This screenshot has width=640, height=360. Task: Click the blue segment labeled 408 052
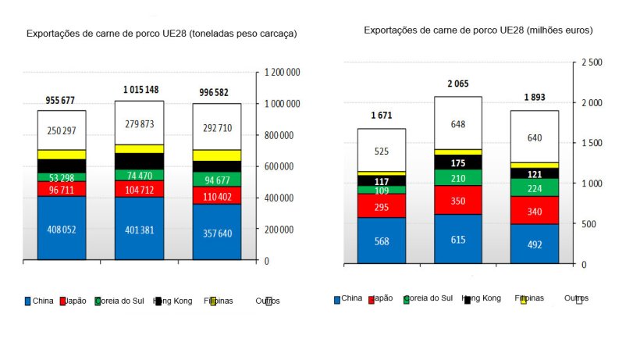(62, 230)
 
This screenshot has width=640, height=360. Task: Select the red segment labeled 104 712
(140, 189)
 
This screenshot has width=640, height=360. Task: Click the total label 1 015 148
(140, 90)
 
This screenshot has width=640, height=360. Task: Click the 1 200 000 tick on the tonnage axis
(283, 73)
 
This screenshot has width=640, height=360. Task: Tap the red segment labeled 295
(382, 206)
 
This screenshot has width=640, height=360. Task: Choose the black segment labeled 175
(458, 163)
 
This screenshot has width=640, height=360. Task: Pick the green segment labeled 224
(535, 188)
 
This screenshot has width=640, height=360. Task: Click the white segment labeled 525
(382, 151)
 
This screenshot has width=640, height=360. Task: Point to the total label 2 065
(458, 84)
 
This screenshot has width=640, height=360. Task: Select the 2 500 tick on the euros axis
(592, 62)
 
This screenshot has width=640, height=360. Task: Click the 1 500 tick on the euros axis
(592, 143)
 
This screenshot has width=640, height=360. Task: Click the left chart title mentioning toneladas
(162, 34)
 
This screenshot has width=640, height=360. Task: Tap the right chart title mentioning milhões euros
(478, 30)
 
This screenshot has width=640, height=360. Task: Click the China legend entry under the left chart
(39, 301)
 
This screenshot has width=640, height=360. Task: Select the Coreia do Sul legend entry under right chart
(427, 298)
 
